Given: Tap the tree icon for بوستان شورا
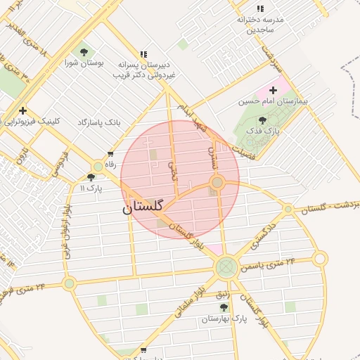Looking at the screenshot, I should pyautogui.click(x=84, y=51).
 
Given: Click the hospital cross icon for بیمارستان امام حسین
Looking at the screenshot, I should pyautogui.click(x=273, y=90).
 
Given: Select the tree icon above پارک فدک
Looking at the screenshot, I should pyautogui.click(x=263, y=120).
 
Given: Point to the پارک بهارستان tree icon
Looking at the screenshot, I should pyautogui.click(x=224, y=307).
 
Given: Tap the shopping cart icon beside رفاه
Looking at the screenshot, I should pyautogui.click(x=110, y=154).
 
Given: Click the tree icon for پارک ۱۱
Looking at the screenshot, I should pyautogui.click(x=91, y=177).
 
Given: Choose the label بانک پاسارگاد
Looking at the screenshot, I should pyautogui.click(x=99, y=122).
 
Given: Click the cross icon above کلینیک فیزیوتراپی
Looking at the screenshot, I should pyautogui.click(x=23, y=110).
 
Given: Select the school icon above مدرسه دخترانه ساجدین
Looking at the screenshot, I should pyautogui.click(x=260, y=8).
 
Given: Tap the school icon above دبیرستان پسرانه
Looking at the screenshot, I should pyautogui.click(x=143, y=53).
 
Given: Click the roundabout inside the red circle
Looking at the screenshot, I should pyautogui.click(x=217, y=183).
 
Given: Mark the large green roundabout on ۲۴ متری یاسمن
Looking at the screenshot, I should pyautogui.click(x=226, y=266).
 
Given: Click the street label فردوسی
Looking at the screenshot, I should pyautogui.click(x=59, y=162).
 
